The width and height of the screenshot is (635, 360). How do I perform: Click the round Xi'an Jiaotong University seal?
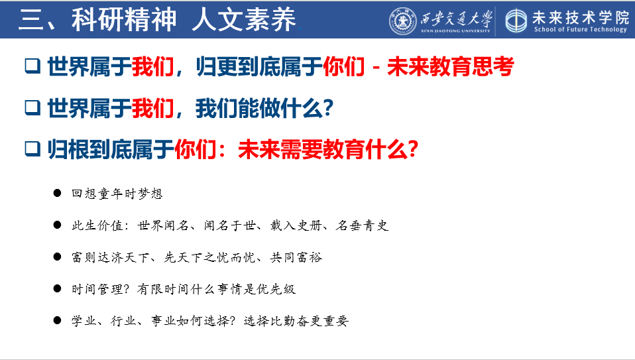click(403, 21)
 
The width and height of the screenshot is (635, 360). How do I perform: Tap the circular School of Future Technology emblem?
click(516, 21)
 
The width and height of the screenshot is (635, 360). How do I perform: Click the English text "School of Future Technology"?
click(581, 29)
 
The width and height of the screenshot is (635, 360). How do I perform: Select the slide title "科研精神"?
click(124, 19)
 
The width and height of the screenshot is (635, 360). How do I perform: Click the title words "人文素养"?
click(244, 19)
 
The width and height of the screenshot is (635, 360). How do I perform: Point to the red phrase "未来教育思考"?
click(450, 66)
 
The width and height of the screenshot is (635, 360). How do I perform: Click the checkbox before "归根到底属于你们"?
click(32, 149)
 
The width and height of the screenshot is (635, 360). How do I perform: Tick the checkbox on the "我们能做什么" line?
click(32, 107)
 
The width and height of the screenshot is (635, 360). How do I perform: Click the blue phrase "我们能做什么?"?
click(264, 108)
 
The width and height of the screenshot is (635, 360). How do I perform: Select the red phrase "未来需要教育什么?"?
click(328, 149)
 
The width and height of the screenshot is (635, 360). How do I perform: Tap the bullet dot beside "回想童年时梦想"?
click(57, 193)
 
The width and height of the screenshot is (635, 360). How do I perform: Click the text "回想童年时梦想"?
click(117, 194)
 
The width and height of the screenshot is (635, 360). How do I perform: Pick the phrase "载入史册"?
click(296, 225)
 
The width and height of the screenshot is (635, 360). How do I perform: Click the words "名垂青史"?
click(362, 225)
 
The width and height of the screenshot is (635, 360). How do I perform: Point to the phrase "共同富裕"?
click(296, 257)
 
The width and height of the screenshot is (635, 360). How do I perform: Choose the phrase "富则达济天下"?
click(111, 257)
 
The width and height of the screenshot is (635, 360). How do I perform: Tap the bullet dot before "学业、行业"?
click(57, 320)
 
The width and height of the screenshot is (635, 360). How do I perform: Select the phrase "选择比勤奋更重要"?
click(296, 321)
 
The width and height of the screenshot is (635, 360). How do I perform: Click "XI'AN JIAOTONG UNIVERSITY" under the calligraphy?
click(455, 30)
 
